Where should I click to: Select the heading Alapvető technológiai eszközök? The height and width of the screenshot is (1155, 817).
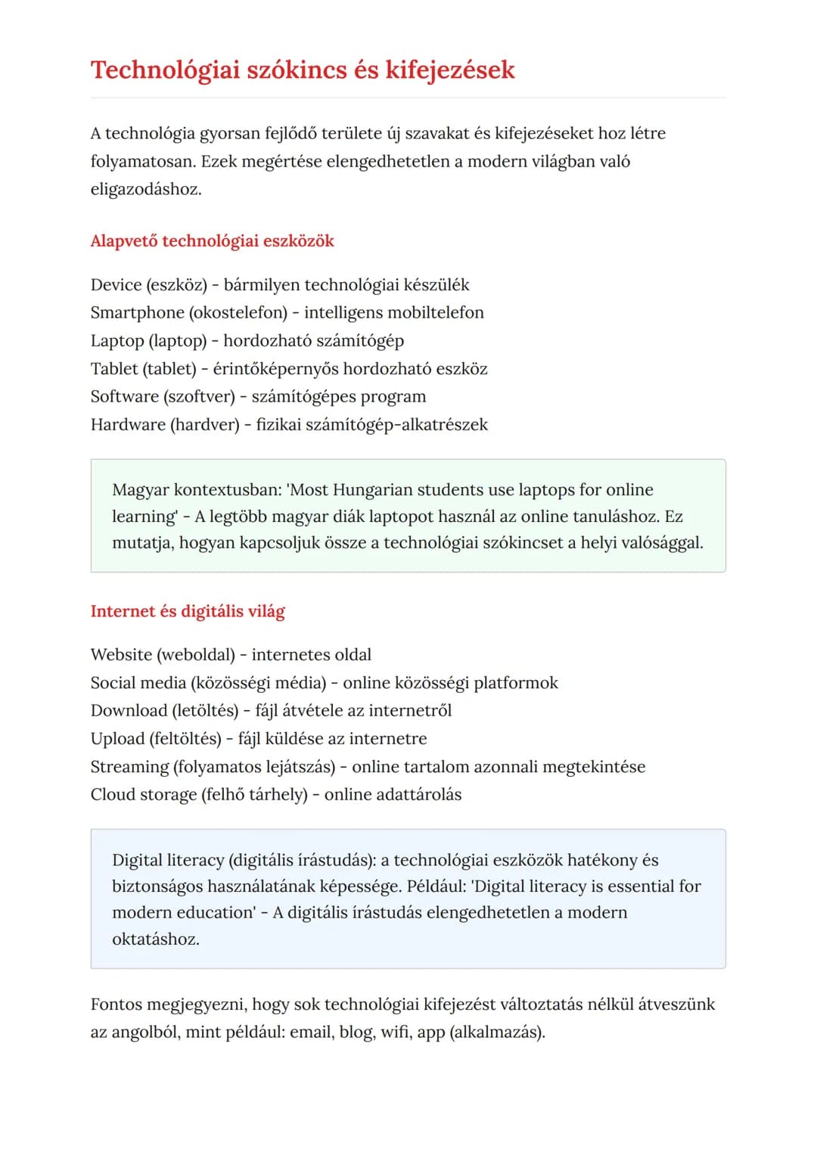point(212,241)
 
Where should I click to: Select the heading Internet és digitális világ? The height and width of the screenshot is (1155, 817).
point(188,611)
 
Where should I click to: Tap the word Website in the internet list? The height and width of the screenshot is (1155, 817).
point(121,654)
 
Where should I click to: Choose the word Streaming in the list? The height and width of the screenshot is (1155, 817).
point(129,766)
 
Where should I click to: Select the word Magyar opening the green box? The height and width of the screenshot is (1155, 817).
point(140,489)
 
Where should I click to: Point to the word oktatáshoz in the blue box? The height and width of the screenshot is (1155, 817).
point(155,939)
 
